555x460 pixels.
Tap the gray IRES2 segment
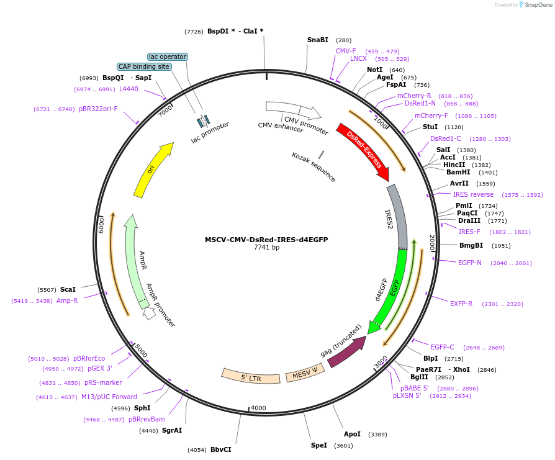[x=399, y=217]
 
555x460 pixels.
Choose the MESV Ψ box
[x=305, y=375]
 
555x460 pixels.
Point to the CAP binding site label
[x=144, y=66]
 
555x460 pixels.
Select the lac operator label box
[x=168, y=56]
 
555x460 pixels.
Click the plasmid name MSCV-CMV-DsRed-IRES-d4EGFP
[x=266, y=240]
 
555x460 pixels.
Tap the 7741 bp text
[x=266, y=248]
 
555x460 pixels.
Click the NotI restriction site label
[x=375, y=70]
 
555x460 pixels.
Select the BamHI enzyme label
[x=458, y=172]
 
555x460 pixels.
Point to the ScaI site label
[x=68, y=289]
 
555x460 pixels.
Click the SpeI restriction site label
[x=318, y=445]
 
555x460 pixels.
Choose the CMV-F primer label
[x=346, y=51]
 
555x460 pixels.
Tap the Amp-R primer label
[x=67, y=300]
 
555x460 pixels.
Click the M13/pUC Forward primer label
[x=109, y=397]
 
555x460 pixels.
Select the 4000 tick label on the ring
[x=258, y=408]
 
